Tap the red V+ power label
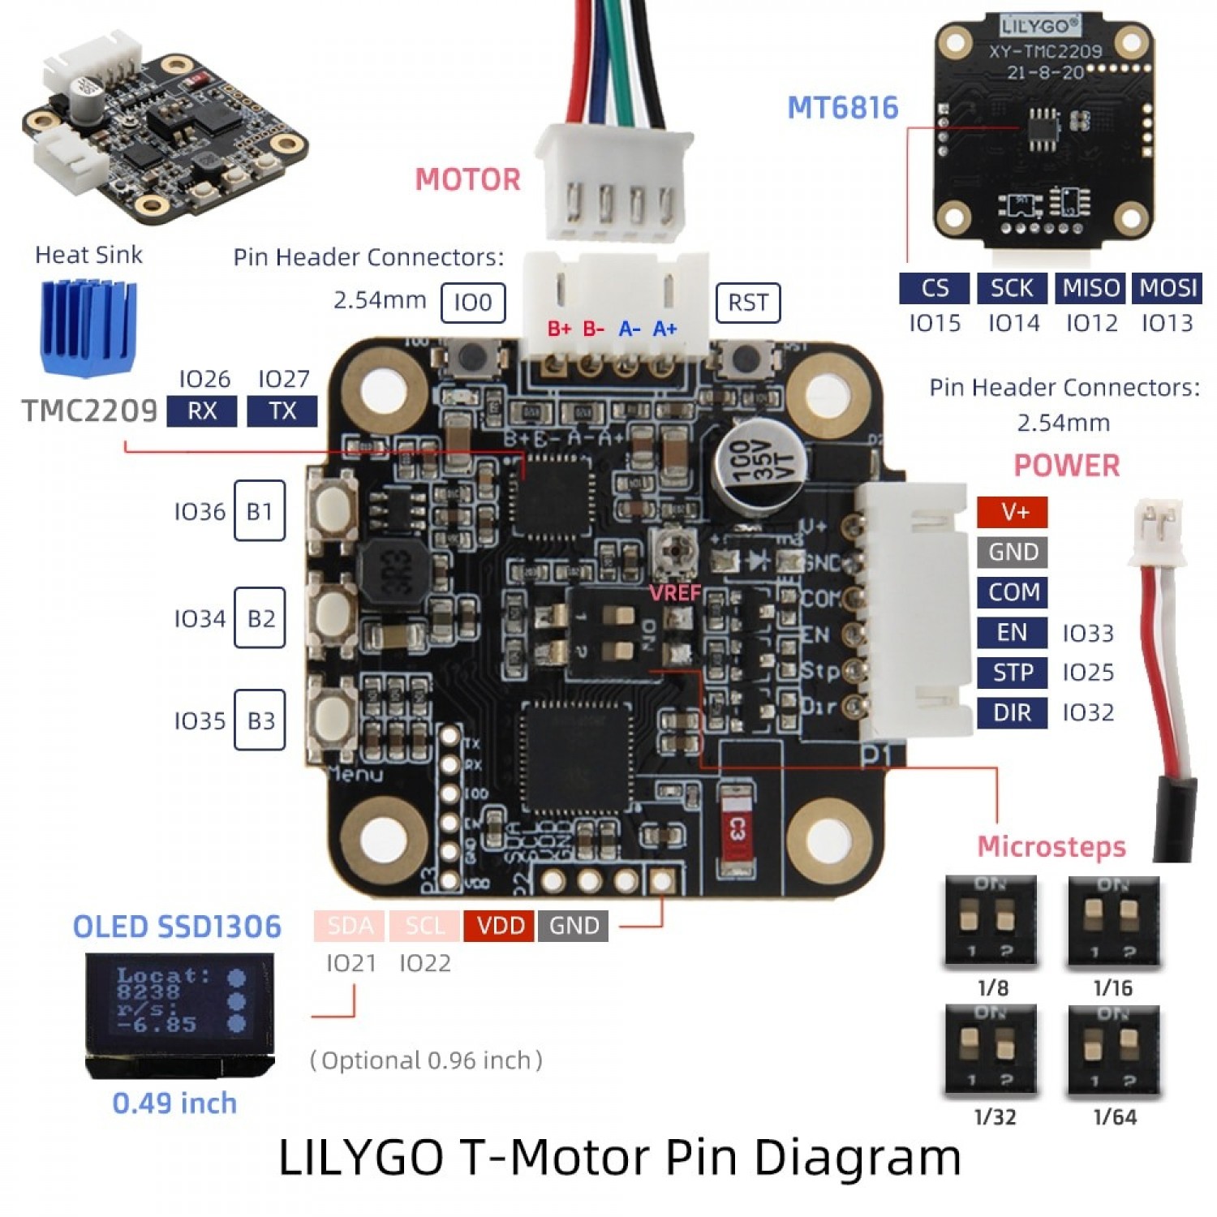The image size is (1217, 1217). [1013, 512]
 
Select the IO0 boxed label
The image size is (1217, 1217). [473, 303]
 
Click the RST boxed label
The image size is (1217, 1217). [747, 303]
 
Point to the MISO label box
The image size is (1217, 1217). [1090, 288]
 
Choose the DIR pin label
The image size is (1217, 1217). [1012, 712]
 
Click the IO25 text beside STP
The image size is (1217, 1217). [1088, 673]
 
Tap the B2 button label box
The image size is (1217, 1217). [260, 618]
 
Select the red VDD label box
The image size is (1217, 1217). [500, 926]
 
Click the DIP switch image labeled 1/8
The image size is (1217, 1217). [991, 922]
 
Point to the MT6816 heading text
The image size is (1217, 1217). [843, 108]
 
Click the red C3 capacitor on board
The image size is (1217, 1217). [736, 829]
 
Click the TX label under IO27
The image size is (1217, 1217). [282, 411]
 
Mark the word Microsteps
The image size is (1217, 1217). [1051, 847]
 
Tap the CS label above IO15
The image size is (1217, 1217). [935, 288]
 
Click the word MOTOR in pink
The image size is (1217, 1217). [467, 179]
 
